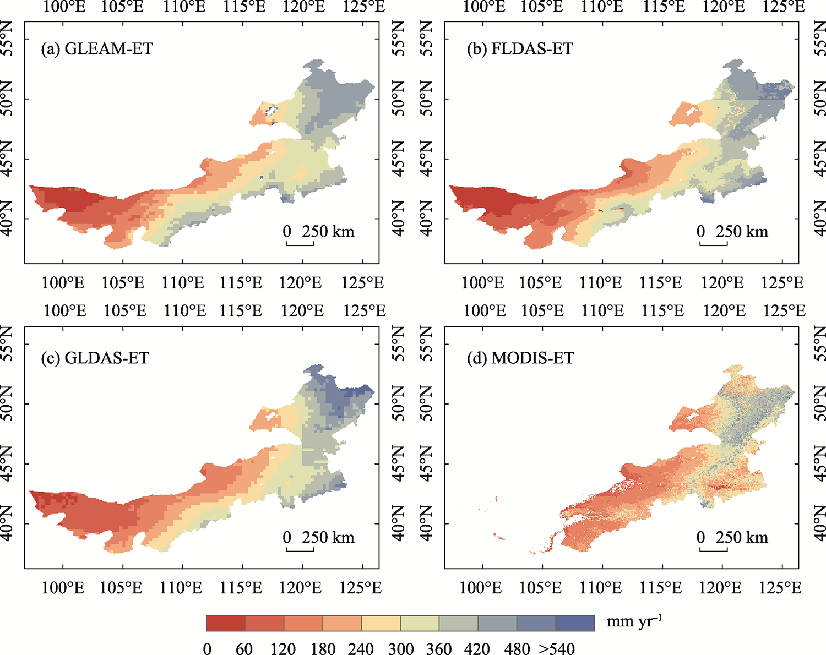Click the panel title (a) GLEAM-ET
click(97, 49)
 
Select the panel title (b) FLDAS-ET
click(520, 49)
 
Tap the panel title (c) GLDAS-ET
click(95, 358)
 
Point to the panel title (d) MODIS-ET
click(520, 358)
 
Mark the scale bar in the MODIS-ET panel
click(714, 550)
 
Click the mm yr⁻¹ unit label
click(633, 622)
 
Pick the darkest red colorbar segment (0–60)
click(226, 623)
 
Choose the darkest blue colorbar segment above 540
click(575, 623)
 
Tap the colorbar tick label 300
click(400, 648)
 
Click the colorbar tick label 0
click(207, 648)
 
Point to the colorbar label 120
click(283, 648)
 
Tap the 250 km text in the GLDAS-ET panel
click(328, 537)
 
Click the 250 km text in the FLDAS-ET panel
click(742, 231)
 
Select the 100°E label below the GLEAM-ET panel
click(63, 283)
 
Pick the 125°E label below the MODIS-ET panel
click(780, 588)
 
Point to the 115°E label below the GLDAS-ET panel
click(240, 588)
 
